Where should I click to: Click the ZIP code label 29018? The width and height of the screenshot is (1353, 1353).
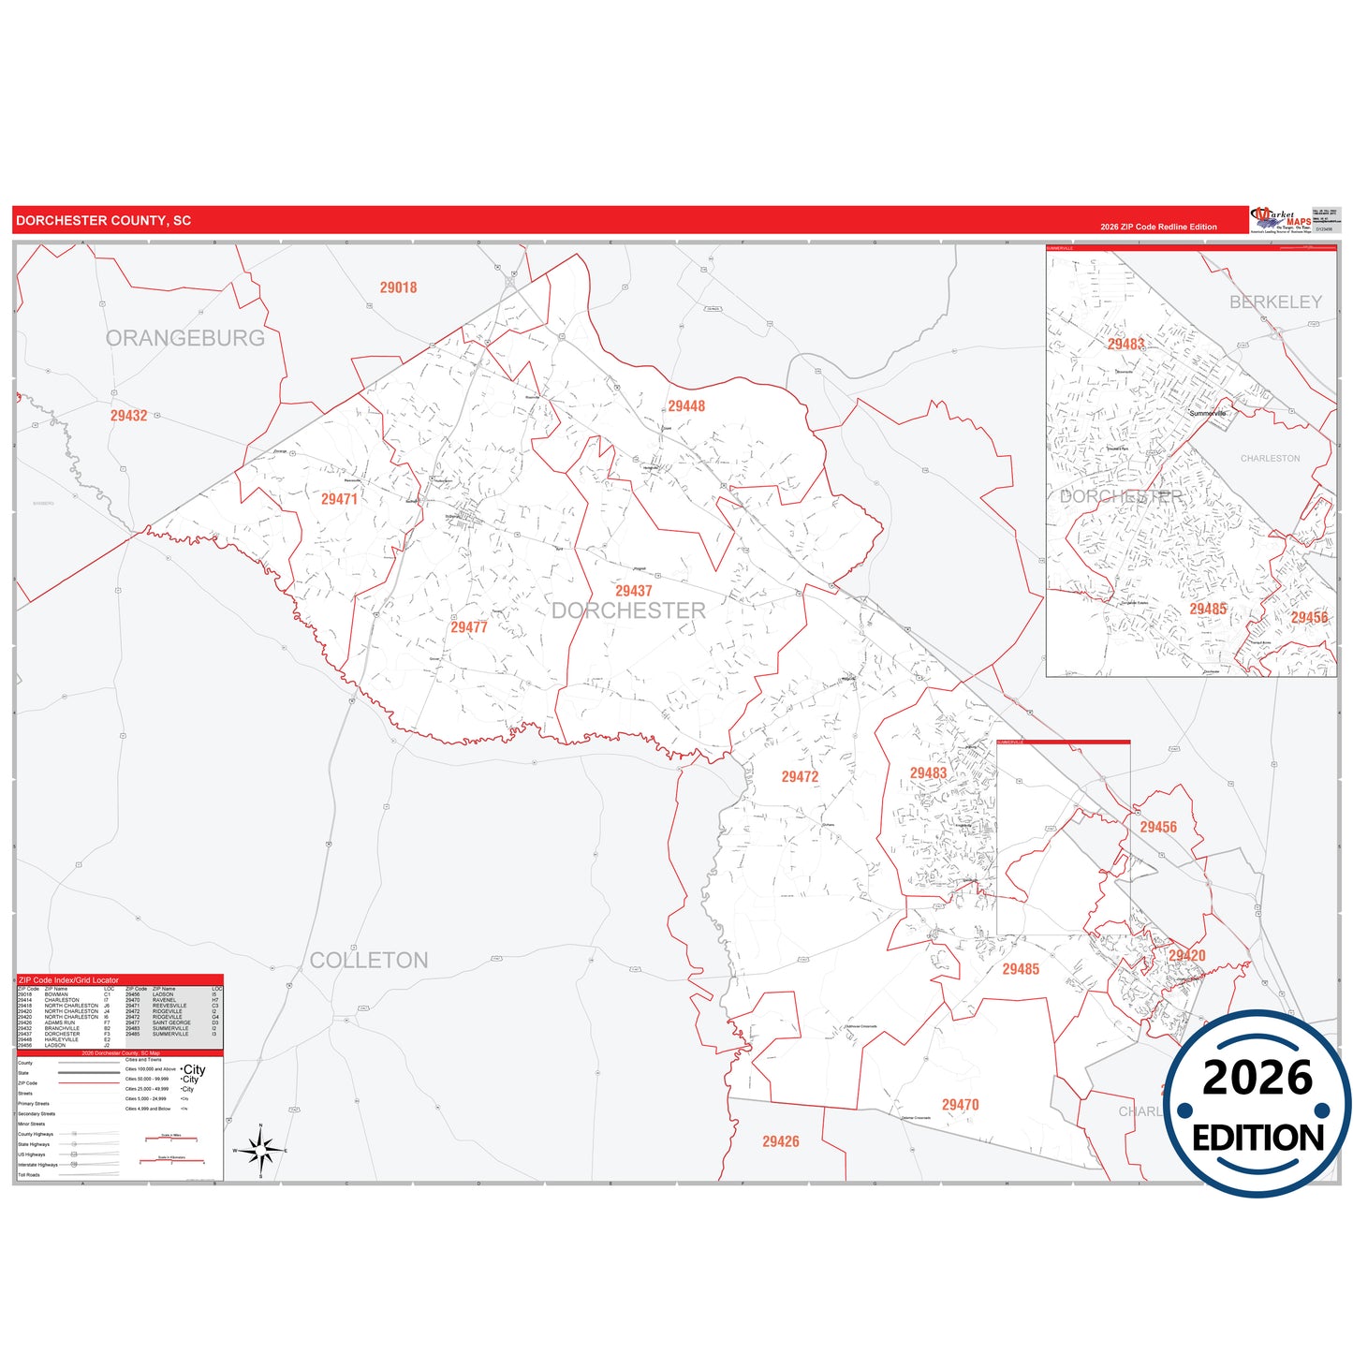pyautogui.click(x=398, y=287)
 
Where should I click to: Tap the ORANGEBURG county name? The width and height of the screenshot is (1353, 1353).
pyautogui.click(x=185, y=338)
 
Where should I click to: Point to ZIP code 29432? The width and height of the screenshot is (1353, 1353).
pyautogui.click(x=128, y=416)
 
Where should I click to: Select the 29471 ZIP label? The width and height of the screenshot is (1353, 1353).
pyautogui.click(x=339, y=499)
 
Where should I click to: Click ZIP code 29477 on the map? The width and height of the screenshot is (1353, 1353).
pyautogui.click(x=469, y=627)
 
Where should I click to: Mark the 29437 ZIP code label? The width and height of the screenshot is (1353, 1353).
pyautogui.click(x=633, y=591)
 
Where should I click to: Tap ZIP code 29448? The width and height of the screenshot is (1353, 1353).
pyautogui.click(x=686, y=406)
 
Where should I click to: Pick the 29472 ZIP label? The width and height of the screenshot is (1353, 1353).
pyautogui.click(x=800, y=777)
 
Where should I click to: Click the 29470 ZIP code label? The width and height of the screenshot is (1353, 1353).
pyautogui.click(x=960, y=1105)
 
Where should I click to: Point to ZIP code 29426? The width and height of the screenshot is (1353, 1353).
pyautogui.click(x=780, y=1141)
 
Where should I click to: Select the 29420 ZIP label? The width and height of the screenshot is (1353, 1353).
pyautogui.click(x=1186, y=956)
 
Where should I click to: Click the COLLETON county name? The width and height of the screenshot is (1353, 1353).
pyautogui.click(x=369, y=961)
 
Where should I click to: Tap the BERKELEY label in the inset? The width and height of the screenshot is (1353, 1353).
pyautogui.click(x=1275, y=302)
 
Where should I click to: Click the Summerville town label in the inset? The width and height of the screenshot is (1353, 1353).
pyautogui.click(x=1207, y=413)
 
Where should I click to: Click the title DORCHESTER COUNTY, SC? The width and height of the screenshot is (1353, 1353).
pyautogui.click(x=103, y=221)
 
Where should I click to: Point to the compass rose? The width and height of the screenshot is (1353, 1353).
pyautogui.click(x=261, y=1149)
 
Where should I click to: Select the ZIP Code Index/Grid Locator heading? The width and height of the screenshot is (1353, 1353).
pyautogui.click(x=68, y=980)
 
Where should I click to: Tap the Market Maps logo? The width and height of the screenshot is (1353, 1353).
pyautogui.click(x=1282, y=220)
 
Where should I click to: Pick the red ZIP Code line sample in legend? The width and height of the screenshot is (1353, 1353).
pyautogui.click(x=89, y=1083)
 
